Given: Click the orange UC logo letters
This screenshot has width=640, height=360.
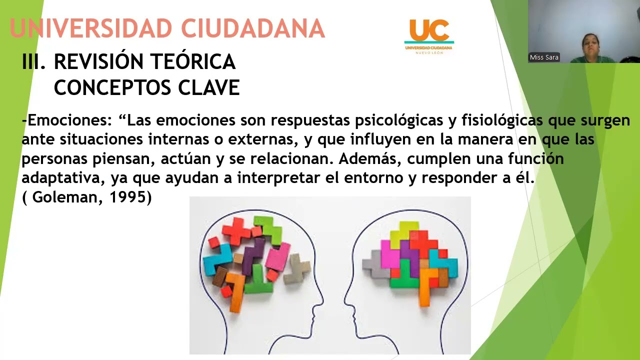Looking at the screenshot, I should (428, 30).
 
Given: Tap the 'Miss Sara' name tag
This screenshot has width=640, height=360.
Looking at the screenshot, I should (544, 57).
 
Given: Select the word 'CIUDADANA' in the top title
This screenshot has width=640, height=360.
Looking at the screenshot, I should (253, 28).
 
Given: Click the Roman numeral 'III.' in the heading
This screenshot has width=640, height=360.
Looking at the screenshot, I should (34, 62).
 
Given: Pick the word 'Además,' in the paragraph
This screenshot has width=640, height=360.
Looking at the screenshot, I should (370, 159).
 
